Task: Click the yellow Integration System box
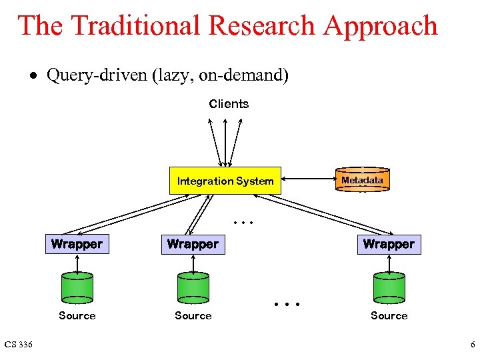click(x=225, y=181)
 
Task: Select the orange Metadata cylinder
click(x=362, y=180)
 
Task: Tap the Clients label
click(x=229, y=104)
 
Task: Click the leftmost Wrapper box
click(x=77, y=244)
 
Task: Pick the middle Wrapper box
click(x=193, y=244)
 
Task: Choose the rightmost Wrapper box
click(x=389, y=244)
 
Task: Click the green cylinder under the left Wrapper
click(x=77, y=287)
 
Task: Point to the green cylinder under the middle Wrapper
click(x=193, y=287)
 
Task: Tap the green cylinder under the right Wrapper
click(x=389, y=287)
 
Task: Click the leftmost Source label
click(x=77, y=316)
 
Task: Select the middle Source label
click(x=193, y=316)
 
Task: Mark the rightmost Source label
click(x=389, y=316)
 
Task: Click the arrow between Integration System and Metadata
click(x=308, y=179)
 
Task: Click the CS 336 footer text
click(x=19, y=345)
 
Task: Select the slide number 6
click(x=472, y=345)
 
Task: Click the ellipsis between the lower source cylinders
click(x=287, y=305)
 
